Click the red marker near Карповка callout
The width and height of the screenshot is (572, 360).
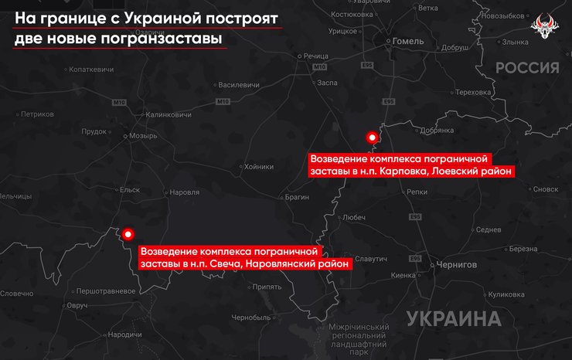point(373,138)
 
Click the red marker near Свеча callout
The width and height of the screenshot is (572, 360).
point(128,233)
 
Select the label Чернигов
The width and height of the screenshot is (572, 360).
point(456,263)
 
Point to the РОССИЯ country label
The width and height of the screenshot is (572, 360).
point(527,68)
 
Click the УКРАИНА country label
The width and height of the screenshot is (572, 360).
point(452,318)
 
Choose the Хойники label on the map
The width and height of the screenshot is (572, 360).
point(258,166)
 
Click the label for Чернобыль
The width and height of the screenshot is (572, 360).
point(251,318)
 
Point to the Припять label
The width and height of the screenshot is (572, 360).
point(267,287)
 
